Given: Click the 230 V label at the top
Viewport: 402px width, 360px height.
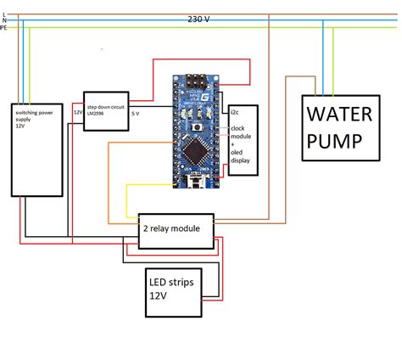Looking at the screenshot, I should click(x=200, y=19).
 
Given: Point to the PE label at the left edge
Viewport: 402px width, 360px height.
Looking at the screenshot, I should click(x=4, y=28).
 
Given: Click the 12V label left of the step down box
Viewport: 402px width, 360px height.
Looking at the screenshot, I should click(x=77, y=112).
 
